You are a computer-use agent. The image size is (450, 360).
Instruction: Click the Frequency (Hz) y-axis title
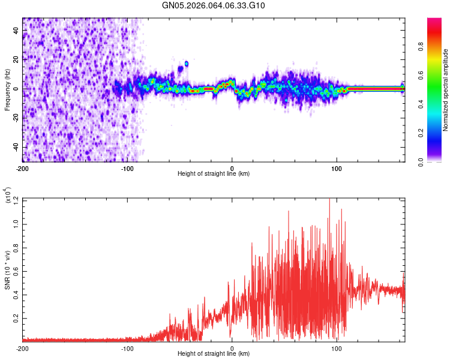pos(7,89)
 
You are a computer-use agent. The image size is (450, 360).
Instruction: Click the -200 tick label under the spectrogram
pos(23,167)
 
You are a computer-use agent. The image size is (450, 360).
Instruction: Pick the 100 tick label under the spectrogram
pos(337,167)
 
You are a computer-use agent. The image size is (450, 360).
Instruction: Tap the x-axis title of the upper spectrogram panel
pos(214,174)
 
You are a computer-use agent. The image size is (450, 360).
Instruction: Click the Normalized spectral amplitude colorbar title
pos(446,90)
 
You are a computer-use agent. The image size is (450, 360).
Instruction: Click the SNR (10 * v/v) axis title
pos(7,269)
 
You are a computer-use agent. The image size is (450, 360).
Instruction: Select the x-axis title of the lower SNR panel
pos(214,354)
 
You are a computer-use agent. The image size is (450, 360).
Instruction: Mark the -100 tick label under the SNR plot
pos(127,348)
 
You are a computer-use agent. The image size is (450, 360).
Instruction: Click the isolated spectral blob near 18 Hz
pos(187,63)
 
